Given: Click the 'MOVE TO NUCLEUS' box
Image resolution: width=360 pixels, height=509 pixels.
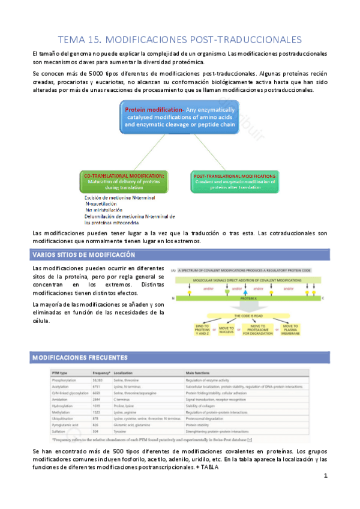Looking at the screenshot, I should point(226,330).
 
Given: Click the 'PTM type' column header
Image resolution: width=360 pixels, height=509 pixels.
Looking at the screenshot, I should point(62,373).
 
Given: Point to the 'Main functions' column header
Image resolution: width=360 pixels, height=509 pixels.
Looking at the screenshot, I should point(203,373).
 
